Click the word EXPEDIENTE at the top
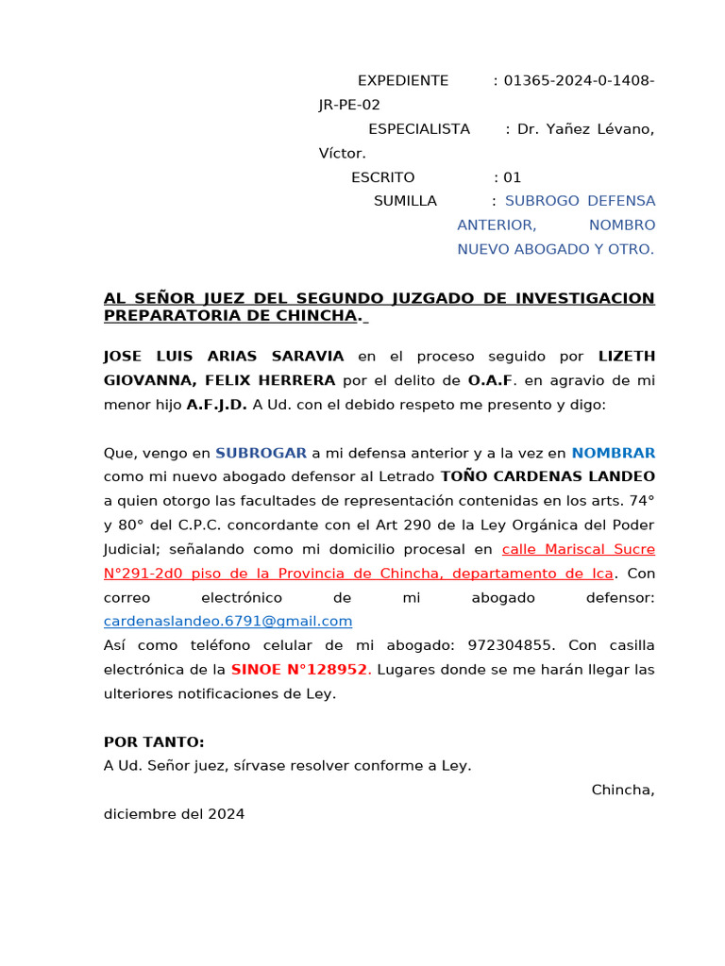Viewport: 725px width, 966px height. tap(403, 81)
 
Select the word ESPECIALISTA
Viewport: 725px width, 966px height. tap(418, 129)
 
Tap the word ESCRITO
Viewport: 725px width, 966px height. tap(382, 177)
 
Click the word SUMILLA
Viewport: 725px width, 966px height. tap(405, 201)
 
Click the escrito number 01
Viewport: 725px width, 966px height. tap(512, 177)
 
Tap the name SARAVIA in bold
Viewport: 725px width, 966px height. tap(308, 356)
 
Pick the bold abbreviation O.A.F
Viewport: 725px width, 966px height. tap(490, 380)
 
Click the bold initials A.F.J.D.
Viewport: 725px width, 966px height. tap(217, 405)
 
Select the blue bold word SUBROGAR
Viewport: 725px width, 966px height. tap(261, 453)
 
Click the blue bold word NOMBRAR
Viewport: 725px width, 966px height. tap(613, 453)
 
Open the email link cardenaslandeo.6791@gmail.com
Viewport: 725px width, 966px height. tap(228, 621)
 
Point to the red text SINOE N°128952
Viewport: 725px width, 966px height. tap(299, 670)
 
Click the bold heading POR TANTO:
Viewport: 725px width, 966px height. tap(154, 742)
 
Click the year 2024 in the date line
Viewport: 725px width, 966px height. tap(227, 813)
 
